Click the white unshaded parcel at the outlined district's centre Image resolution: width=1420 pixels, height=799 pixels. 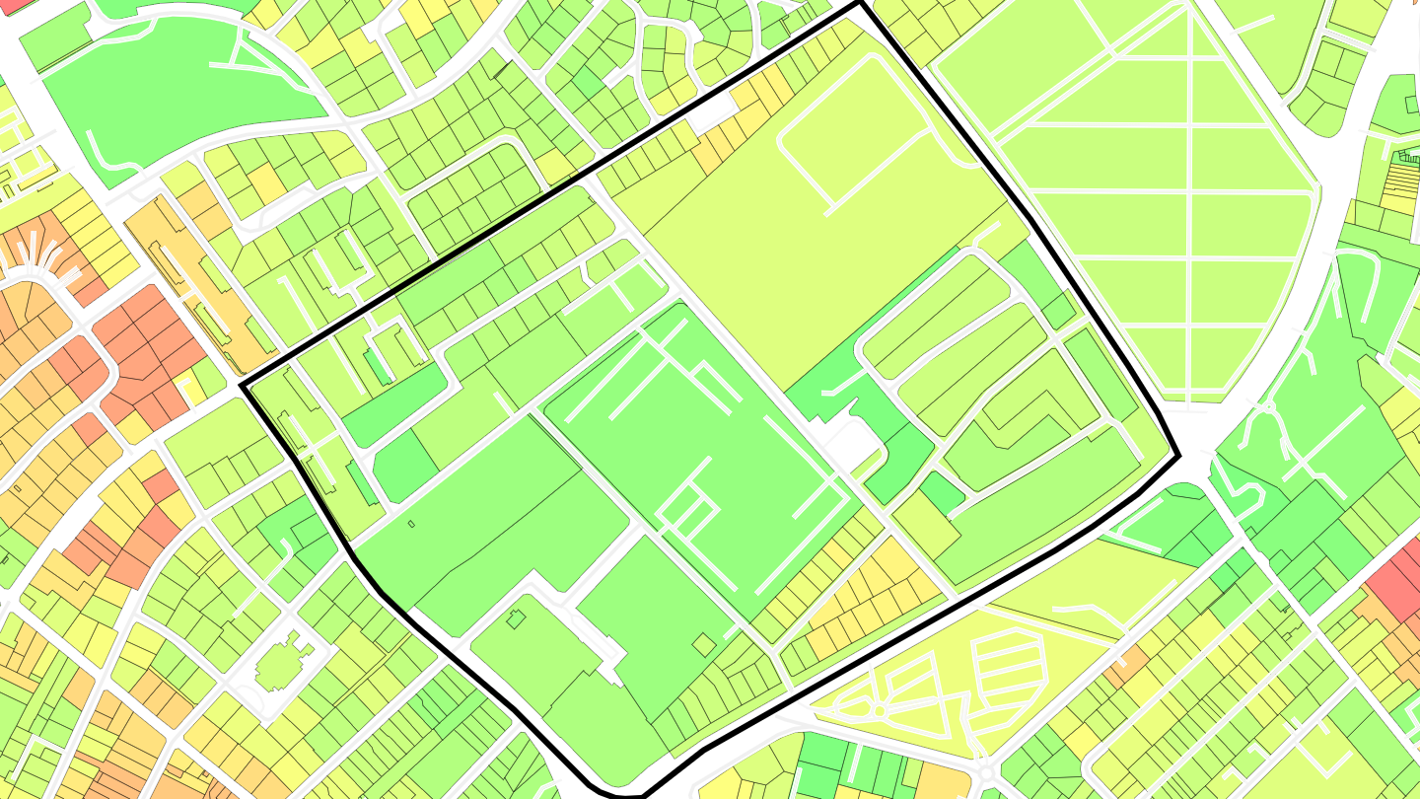click(850, 446)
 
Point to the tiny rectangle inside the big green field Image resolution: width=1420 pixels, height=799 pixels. click(411, 523)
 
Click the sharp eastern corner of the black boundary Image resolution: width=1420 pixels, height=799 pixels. click(1178, 457)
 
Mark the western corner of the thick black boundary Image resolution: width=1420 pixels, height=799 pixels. click(243, 387)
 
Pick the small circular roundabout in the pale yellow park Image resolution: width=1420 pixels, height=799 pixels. click(877, 710)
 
